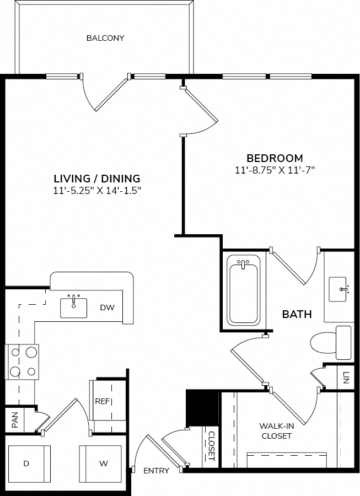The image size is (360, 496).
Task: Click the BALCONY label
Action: (x=105, y=38)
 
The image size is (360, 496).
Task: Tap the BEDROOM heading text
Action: (x=275, y=158)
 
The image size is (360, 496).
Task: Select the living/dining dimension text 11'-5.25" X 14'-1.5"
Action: (x=97, y=191)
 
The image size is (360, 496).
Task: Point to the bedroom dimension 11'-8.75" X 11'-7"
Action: (x=275, y=170)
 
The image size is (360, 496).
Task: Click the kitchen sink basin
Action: (x=74, y=308)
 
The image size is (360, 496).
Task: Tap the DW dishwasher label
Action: (x=108, y=307)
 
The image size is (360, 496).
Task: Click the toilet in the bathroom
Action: (x=331, y=343)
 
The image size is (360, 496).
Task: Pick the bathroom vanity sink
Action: (x=337, y=289)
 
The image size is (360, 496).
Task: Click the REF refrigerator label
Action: (x=102, y=401)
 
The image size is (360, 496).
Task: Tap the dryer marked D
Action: (x=29, y=463)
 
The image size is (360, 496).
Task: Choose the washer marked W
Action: (x=100, y=463)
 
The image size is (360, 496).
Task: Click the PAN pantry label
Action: (x=15, y=420)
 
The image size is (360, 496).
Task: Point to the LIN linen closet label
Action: (x=346, y=378)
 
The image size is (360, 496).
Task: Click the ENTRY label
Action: (x=156, y=471)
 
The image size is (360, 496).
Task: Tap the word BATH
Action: (x=297, y=314)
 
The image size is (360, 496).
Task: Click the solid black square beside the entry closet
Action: (x=202, y=408)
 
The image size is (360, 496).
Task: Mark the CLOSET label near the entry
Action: (x=212, y=446)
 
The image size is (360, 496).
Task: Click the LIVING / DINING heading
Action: (x=97, y=179)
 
